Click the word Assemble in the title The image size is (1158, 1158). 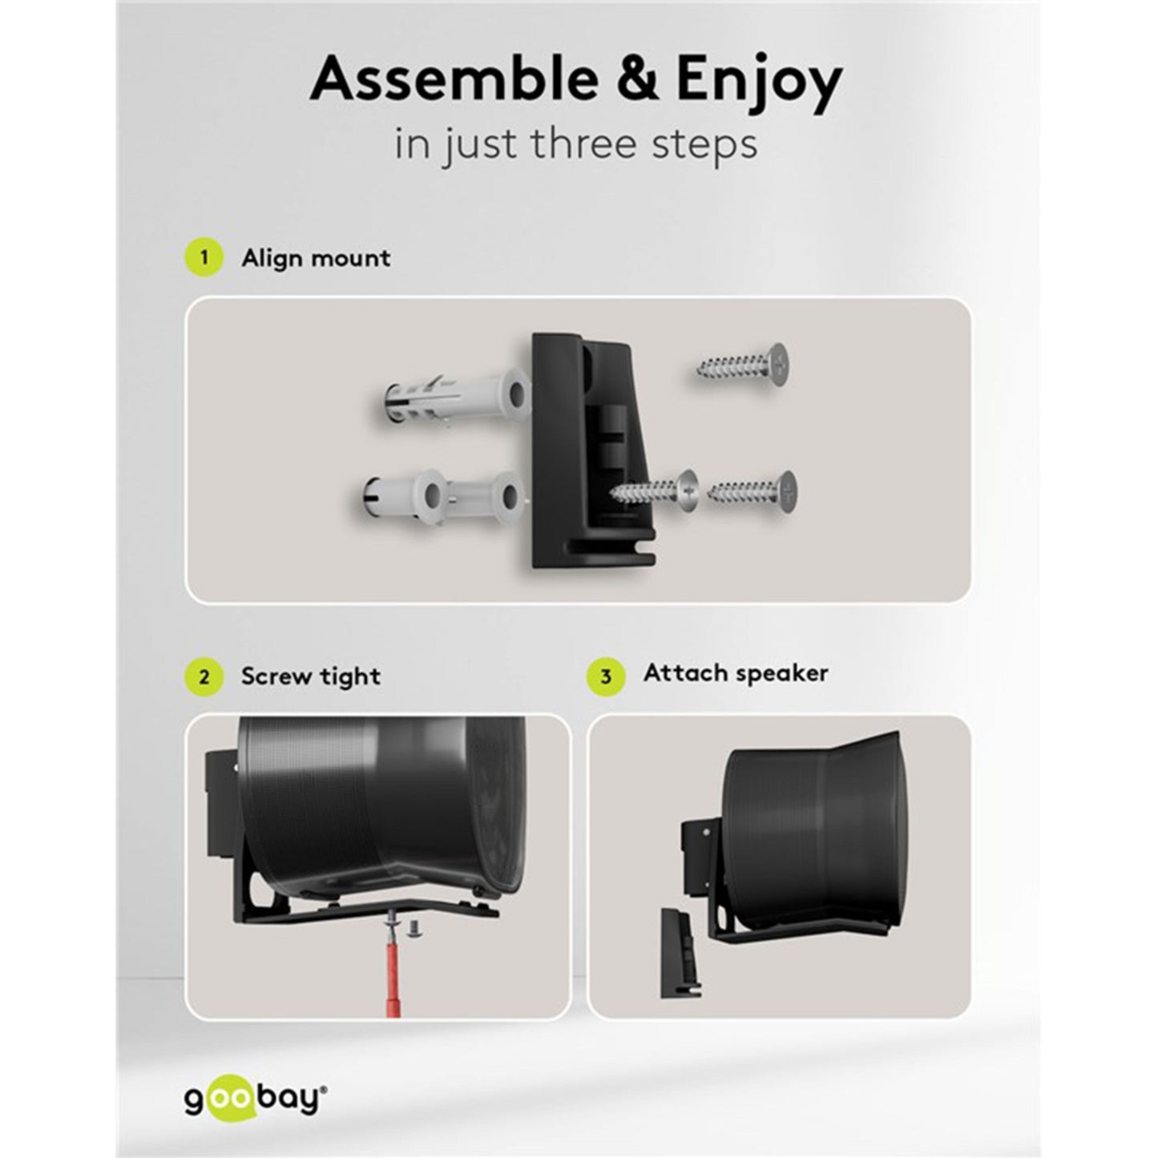454,80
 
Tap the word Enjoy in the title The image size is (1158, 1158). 759,85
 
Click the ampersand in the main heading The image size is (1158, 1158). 638,80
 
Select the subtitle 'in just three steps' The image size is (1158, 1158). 575,144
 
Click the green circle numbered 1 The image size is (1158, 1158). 204,258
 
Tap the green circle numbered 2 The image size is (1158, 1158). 204,677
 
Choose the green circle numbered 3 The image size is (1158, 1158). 606,676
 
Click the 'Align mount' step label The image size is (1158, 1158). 316,259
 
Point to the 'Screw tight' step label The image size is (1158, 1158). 311,677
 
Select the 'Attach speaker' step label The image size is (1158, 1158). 736,674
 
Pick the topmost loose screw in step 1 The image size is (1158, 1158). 743,365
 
